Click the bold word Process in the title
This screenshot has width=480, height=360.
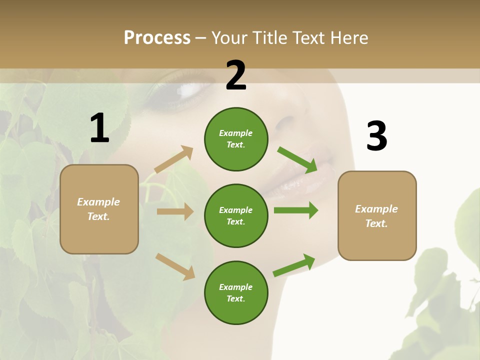[157, 38]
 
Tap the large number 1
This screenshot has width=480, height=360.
[99, 128]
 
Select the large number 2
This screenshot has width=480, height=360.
[236, 75]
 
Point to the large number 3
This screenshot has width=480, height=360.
[376, 136]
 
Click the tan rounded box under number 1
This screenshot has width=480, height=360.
[99, 209]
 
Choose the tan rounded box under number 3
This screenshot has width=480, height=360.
[377, 215]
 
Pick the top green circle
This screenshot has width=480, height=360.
[236, 139]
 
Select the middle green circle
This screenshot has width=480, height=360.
[236, 215]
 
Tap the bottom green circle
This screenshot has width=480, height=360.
[236, 292]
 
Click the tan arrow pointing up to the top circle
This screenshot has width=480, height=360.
[174, 159]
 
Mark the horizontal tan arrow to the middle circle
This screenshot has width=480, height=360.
[175, 211]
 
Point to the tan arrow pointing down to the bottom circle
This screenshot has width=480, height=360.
[175, 266]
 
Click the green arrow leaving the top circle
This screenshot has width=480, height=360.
[297, 160]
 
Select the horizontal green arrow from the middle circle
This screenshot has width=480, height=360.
[296, 210]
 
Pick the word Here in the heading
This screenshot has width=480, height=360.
[350, 38]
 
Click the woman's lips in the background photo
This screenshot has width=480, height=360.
[300, 180]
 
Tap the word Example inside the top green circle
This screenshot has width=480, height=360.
[236, 133]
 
